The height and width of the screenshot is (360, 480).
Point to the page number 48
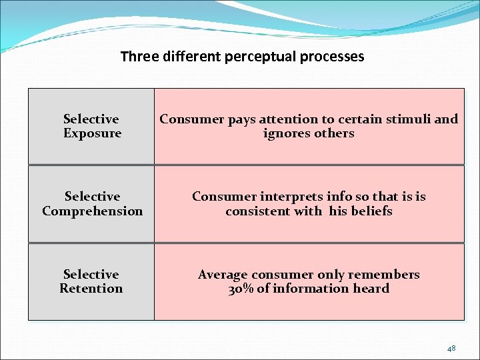tap(451, 348)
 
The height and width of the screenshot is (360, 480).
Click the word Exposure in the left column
tap(92, 133)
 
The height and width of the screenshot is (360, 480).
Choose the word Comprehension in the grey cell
tap(92, 211)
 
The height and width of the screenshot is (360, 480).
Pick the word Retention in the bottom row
tap(91, 289)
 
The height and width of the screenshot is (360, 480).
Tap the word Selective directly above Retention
tap(91, 275)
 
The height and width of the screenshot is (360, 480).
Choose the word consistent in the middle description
tap(257, 211)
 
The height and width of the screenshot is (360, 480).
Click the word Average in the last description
tap(222, 275)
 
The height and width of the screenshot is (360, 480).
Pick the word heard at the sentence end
tap(372, 289)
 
